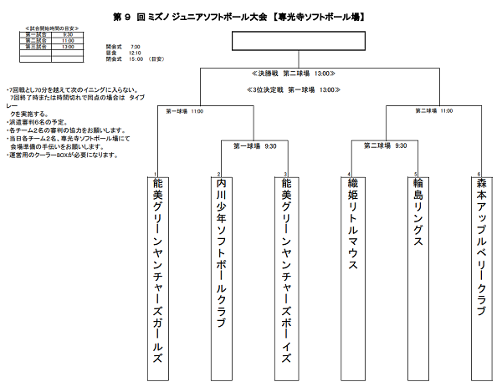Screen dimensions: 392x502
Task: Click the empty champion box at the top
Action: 295,42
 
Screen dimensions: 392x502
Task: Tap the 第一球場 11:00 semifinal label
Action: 185,110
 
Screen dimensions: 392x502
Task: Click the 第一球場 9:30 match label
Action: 254,145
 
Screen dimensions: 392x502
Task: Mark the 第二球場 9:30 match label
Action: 385,145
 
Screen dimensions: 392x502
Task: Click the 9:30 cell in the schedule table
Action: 68,34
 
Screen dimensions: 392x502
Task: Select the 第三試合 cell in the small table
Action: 35,47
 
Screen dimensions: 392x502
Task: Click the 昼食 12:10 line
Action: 124,53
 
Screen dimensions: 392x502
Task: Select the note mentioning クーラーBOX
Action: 62,155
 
